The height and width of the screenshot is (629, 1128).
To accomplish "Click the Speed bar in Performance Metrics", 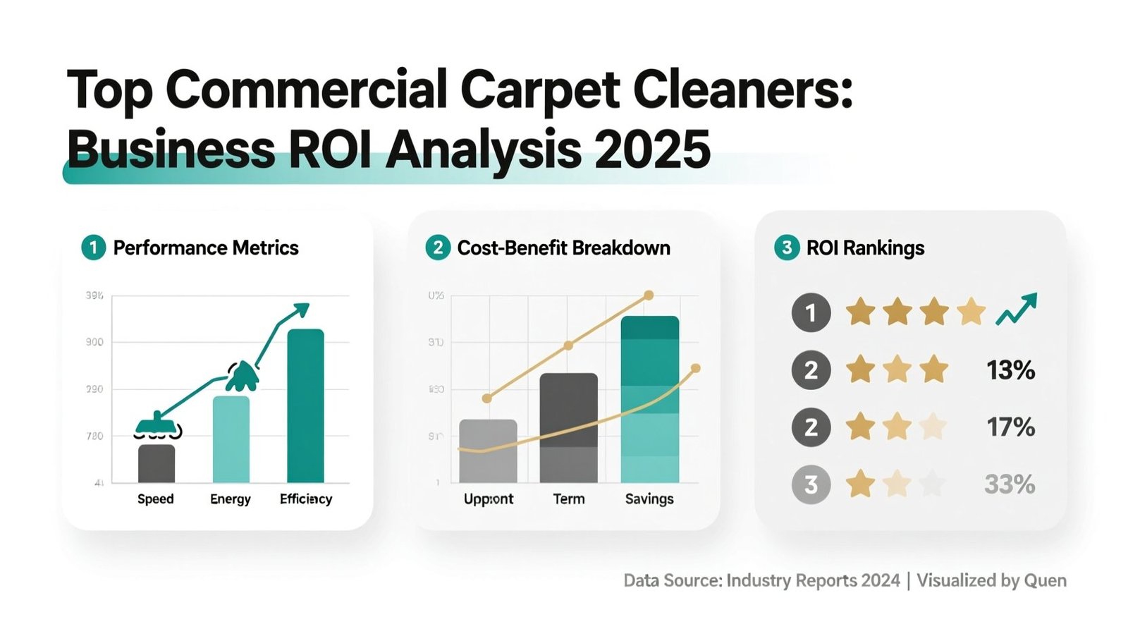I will point(157,463).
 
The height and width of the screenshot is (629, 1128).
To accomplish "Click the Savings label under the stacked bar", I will point(649,499).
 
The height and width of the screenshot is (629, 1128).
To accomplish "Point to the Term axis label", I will point(569,499).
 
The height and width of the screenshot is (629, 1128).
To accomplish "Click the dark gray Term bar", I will point(568,427).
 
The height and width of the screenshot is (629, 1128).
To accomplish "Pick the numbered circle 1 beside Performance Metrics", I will point(93,248).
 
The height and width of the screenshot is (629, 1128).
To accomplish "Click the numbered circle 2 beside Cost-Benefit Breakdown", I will point(438,248).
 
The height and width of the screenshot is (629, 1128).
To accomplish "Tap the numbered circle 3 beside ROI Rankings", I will point(787,248).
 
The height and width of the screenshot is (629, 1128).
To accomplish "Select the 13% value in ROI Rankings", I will point(1010,370).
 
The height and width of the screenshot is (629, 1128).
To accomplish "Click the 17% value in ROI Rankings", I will point(1010,427).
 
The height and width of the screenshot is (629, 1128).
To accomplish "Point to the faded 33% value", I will point(1010,484).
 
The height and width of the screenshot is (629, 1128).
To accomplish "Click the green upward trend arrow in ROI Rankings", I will point(1017,309).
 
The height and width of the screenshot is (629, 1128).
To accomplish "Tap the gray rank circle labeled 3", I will point(811,484).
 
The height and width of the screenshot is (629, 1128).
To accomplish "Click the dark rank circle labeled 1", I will point(811,312).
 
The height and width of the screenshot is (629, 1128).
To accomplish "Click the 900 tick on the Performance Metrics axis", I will point(94,342).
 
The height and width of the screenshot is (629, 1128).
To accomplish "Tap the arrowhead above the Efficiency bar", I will point(301,309).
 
